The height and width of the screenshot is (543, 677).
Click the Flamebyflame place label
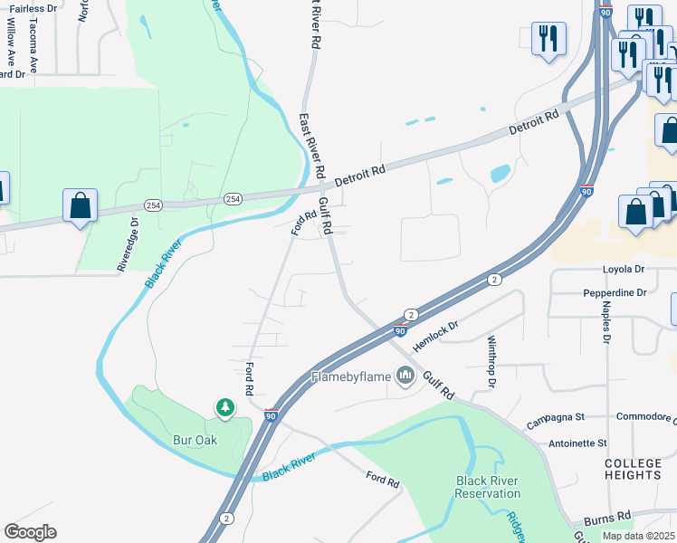351,376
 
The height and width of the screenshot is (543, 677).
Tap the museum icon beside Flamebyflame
405,377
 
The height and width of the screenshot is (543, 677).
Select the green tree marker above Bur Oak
224,409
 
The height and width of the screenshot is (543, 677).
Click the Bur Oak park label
195,441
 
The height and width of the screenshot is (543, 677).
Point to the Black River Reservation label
488,487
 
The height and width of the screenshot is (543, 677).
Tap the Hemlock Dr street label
436,336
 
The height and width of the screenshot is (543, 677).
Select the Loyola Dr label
624,270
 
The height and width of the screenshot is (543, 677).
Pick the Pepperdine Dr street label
615,293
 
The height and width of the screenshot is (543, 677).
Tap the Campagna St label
554,417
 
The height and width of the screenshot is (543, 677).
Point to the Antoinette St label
577,443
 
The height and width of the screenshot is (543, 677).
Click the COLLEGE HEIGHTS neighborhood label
634,469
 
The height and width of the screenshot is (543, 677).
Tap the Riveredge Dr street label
127,243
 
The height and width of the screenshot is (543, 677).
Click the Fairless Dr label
33,8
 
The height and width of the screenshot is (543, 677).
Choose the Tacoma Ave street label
32,45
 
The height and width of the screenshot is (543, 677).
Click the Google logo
30,532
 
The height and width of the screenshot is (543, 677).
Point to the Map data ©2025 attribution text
638,536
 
